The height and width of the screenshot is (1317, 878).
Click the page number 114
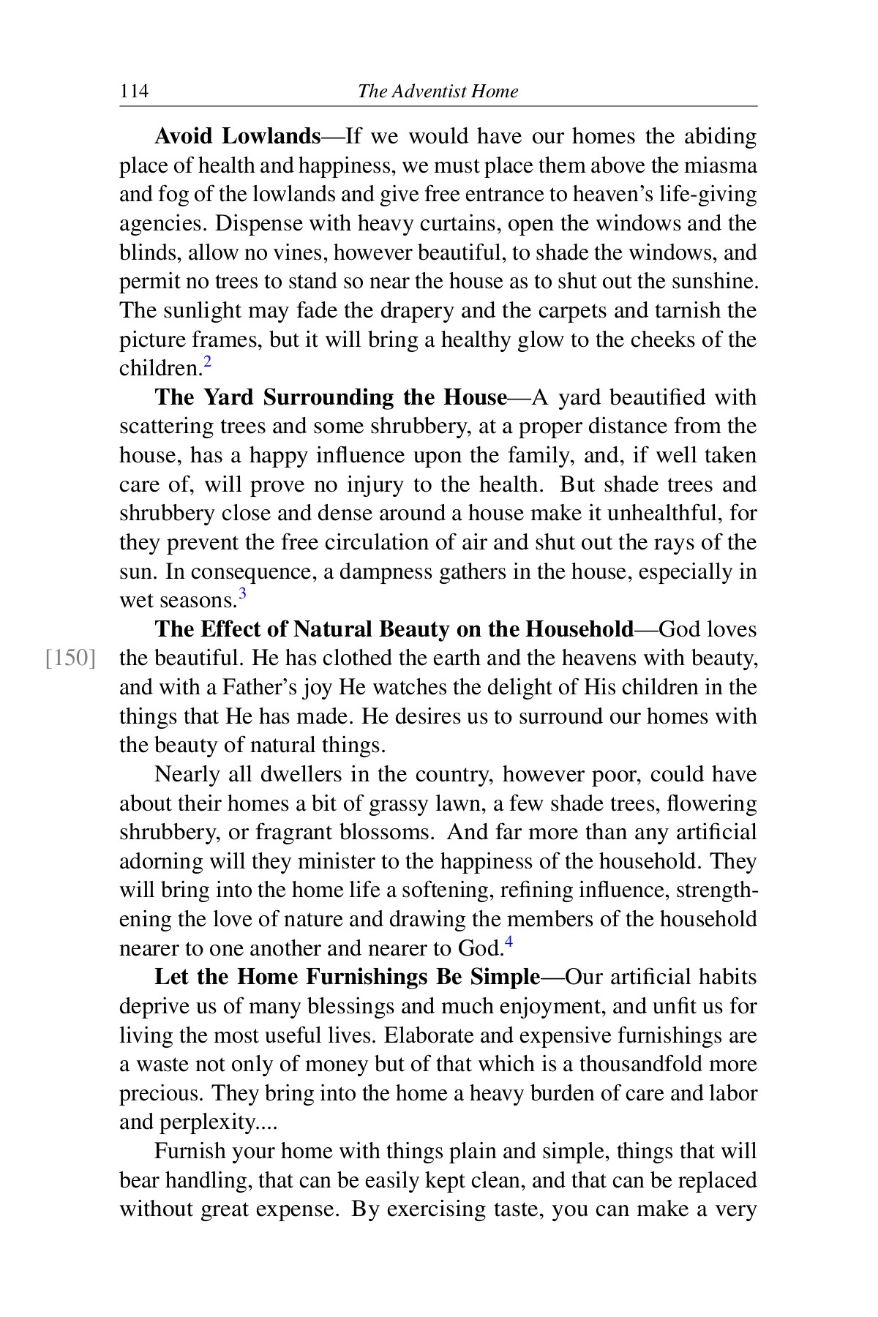pyautogui.click(x=134, y=91)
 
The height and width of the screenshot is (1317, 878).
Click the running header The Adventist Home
pyautogui.click(x=438, y=91)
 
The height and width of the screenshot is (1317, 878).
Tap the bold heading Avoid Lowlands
pyautogui.click(x=238, y=137)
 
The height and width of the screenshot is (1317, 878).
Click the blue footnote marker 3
pyautogui.click(x=242, y=594)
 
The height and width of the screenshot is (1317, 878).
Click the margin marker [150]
pyautogui.click(x=71, y=658)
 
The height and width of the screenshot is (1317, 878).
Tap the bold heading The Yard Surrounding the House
pyautogui.click(x=331, y=397)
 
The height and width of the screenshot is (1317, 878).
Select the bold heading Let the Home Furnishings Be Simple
pyautogui.click(x=347, y=978)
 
